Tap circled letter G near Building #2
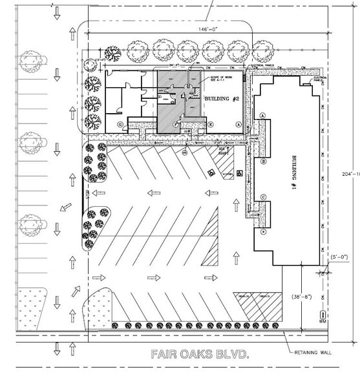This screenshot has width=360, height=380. coord(120,124)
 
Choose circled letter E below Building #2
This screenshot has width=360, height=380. coord(210,124)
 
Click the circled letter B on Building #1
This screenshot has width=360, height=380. coord(264,162)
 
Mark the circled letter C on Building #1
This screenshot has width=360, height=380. coord(264,198)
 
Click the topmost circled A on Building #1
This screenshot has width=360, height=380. coord(263,114)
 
